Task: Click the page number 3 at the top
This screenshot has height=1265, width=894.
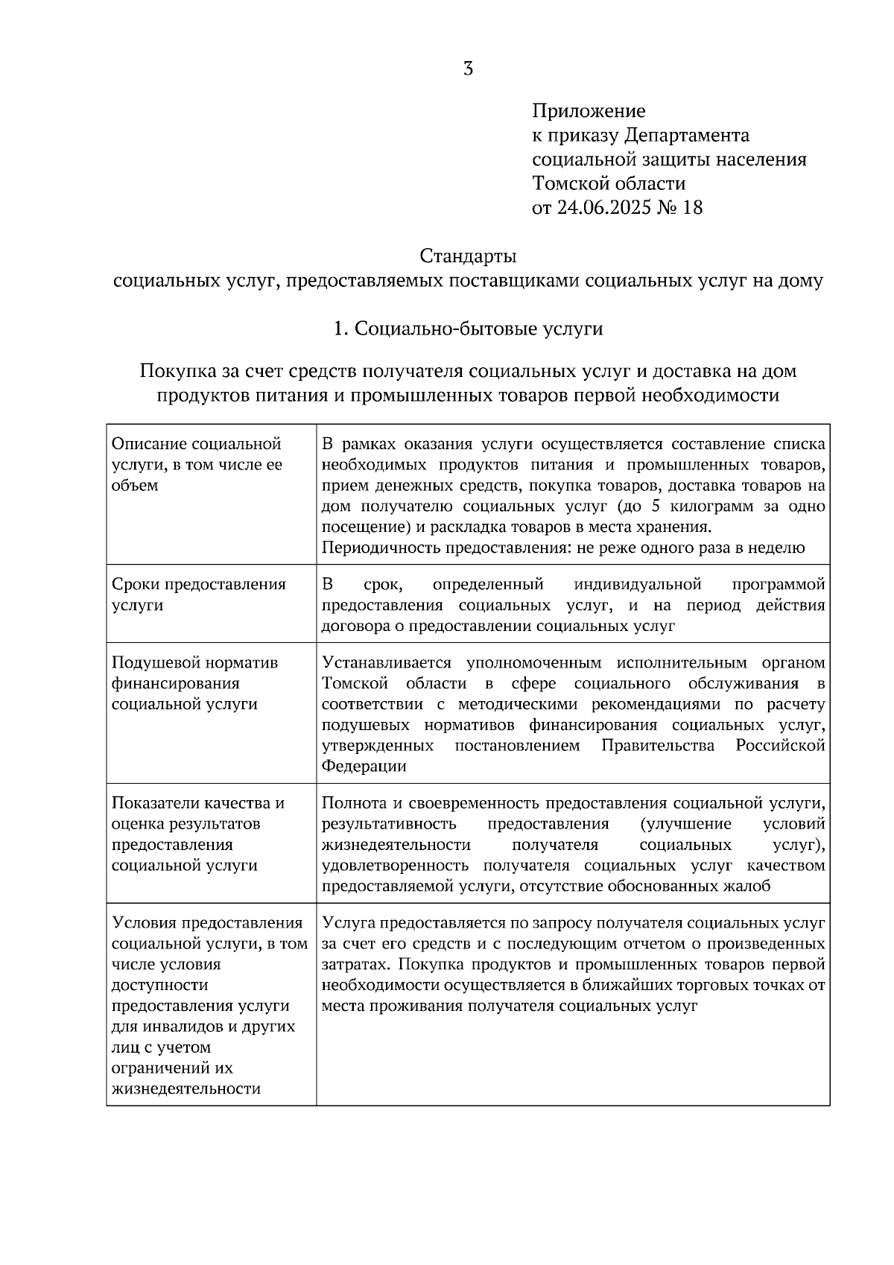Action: point(468,69)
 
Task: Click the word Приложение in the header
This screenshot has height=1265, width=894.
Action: point(589,111)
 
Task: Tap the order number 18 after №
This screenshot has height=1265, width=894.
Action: point(691,207)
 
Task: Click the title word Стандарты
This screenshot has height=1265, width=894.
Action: point(468,256)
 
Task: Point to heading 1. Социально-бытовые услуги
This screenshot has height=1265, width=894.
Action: point(468,329)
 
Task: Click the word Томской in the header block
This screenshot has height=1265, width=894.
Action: point(568,183)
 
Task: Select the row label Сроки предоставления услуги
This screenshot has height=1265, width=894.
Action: point(198,594)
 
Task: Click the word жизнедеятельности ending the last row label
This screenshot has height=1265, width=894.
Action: point(186,1088)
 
